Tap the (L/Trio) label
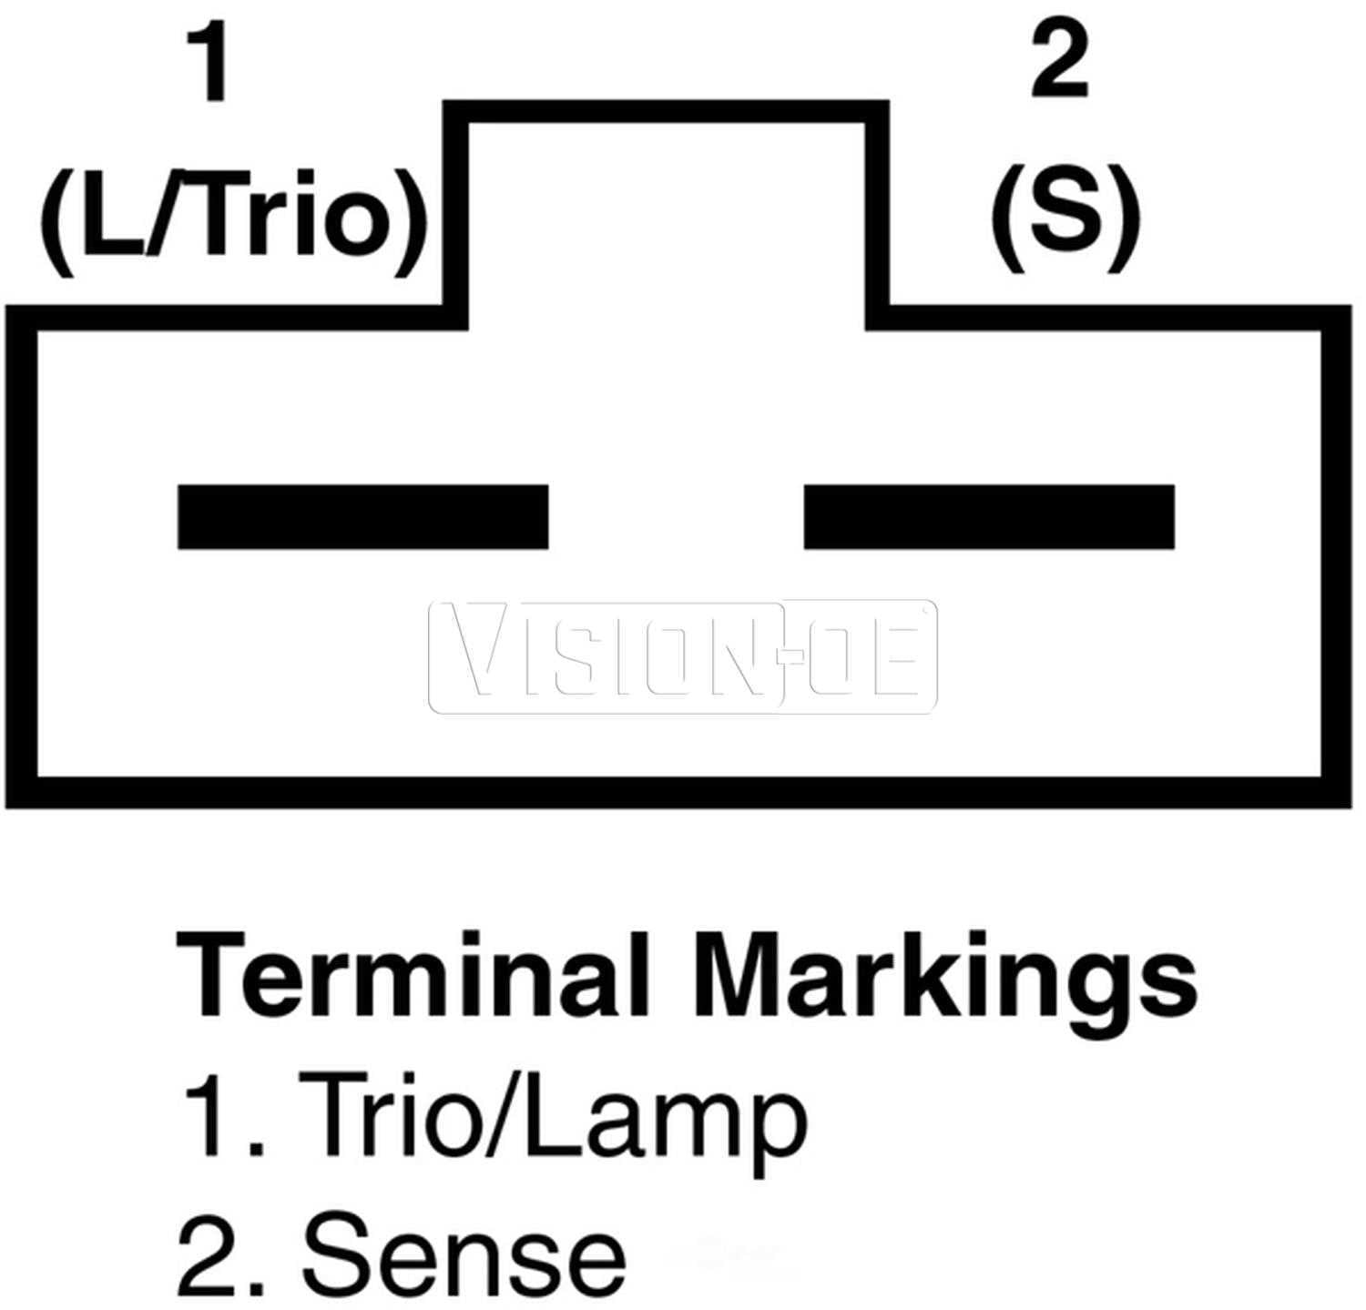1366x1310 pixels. [x=233, y=221]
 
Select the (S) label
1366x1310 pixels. [x=1065, y=218]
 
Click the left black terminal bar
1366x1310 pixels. [x=362, y=517]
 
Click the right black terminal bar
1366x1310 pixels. [x=989, y=517]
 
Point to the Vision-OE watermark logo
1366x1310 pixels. [x=683, y=656]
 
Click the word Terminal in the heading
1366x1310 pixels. [x=412, y=974]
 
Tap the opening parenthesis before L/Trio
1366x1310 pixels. [x=58, y=222]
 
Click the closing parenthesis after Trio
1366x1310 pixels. [x=409, y=222]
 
